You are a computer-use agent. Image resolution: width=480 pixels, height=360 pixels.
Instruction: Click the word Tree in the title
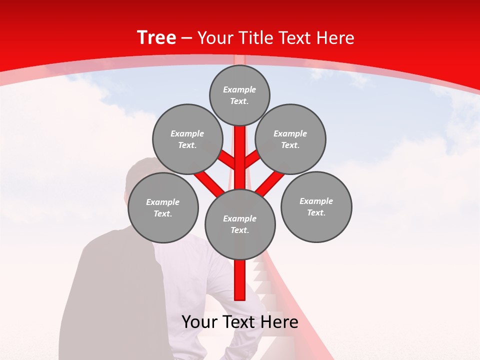pos(156,38)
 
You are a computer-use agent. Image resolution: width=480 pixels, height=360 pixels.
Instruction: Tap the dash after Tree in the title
pos(186,38)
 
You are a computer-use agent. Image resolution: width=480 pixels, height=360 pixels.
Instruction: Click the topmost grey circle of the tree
pos(239,95)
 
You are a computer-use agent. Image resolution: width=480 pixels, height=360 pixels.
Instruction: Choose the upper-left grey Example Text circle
pos(187,139)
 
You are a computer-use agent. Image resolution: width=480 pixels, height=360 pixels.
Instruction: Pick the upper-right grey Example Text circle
pos(290,139)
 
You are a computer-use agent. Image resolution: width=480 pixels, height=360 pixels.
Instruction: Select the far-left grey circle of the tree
pos(163,207)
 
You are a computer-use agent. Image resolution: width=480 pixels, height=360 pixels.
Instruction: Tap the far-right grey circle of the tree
pos(316,206)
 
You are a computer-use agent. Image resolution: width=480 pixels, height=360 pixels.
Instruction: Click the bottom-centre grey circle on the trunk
pos(240,224)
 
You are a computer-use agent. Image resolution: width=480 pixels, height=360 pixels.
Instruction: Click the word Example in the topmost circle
pos(239,90)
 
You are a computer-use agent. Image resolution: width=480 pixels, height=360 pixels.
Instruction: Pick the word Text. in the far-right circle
pos(316,212)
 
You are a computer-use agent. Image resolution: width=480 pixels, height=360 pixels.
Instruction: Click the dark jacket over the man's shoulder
pos(115,290)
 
